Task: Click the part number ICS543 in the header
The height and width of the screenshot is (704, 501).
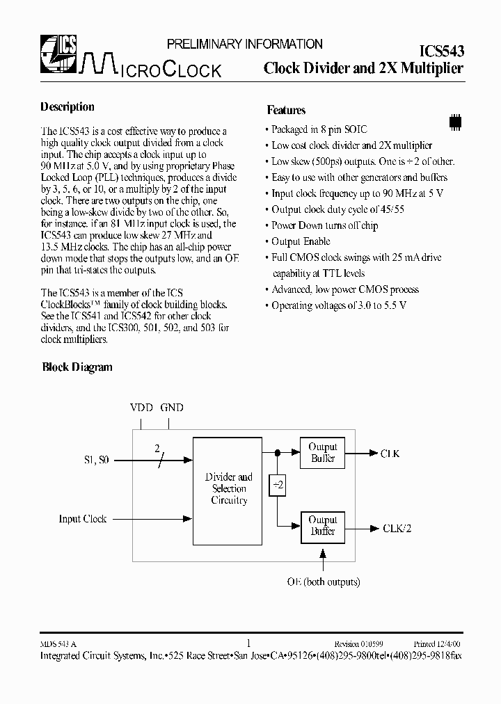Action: [442, 50]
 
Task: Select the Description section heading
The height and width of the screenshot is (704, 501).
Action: [67, 107]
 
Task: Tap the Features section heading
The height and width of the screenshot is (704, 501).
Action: [286, 110]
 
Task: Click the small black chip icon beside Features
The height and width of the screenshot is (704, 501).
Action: [456, 120]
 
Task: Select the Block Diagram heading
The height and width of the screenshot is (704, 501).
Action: [77, 367]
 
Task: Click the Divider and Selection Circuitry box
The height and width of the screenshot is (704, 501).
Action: [229, 489]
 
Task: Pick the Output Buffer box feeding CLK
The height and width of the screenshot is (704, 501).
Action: [322, 453]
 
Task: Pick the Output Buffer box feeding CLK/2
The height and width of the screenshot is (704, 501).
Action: [322, 526]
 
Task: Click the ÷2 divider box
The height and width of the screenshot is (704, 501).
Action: [277, 485]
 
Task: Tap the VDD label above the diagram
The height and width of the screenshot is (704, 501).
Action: [141, 408]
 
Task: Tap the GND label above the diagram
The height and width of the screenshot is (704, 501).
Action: [172, 408]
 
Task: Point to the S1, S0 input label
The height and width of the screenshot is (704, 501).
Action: [97, 460]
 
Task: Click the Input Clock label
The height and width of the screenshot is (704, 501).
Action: [83, 519]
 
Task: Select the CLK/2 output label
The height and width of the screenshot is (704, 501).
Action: [397, 528]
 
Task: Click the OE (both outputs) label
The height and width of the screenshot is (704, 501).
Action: [323, 582]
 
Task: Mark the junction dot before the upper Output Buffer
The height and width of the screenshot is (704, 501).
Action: [277, 453]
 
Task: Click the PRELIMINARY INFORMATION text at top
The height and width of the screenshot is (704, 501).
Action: [244, 44]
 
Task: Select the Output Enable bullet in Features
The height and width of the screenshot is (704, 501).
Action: [301, 241]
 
